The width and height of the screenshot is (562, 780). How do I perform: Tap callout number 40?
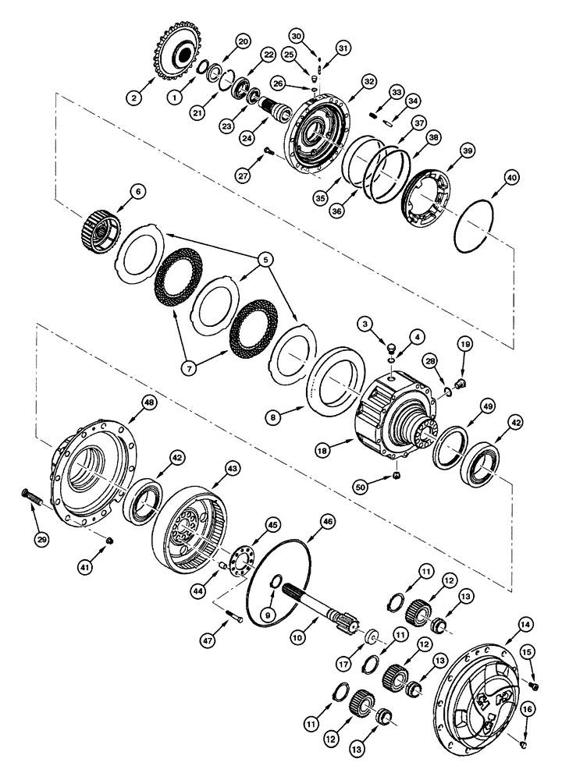pyautogui.click(x=512, y=178)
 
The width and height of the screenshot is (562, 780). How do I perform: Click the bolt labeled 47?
pyautogui.click(x=237, y=619)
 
